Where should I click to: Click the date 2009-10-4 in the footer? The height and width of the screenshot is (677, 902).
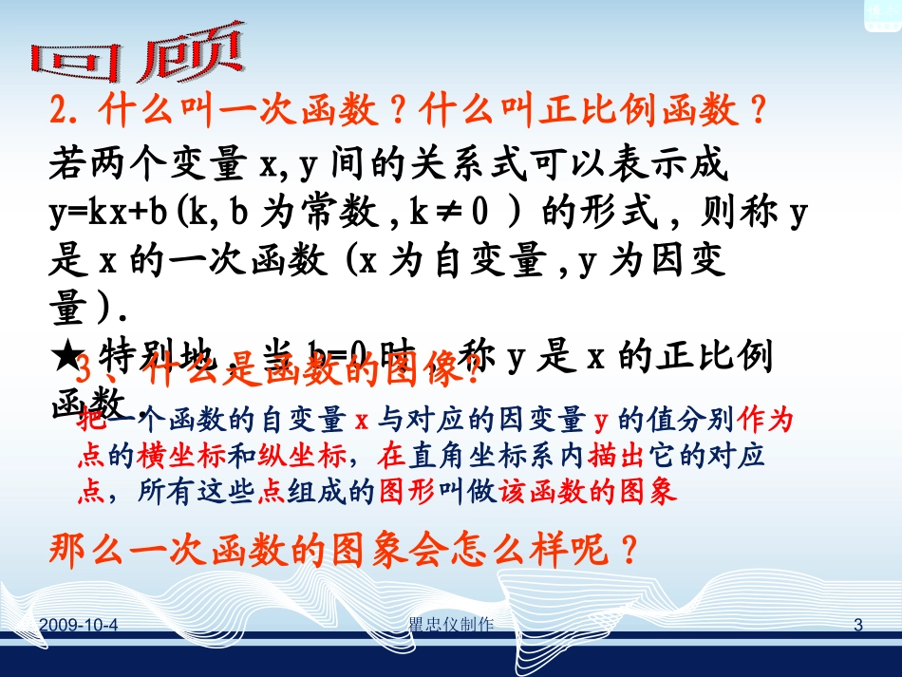point(86,624)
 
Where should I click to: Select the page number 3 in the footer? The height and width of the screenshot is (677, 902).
point(858,624)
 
